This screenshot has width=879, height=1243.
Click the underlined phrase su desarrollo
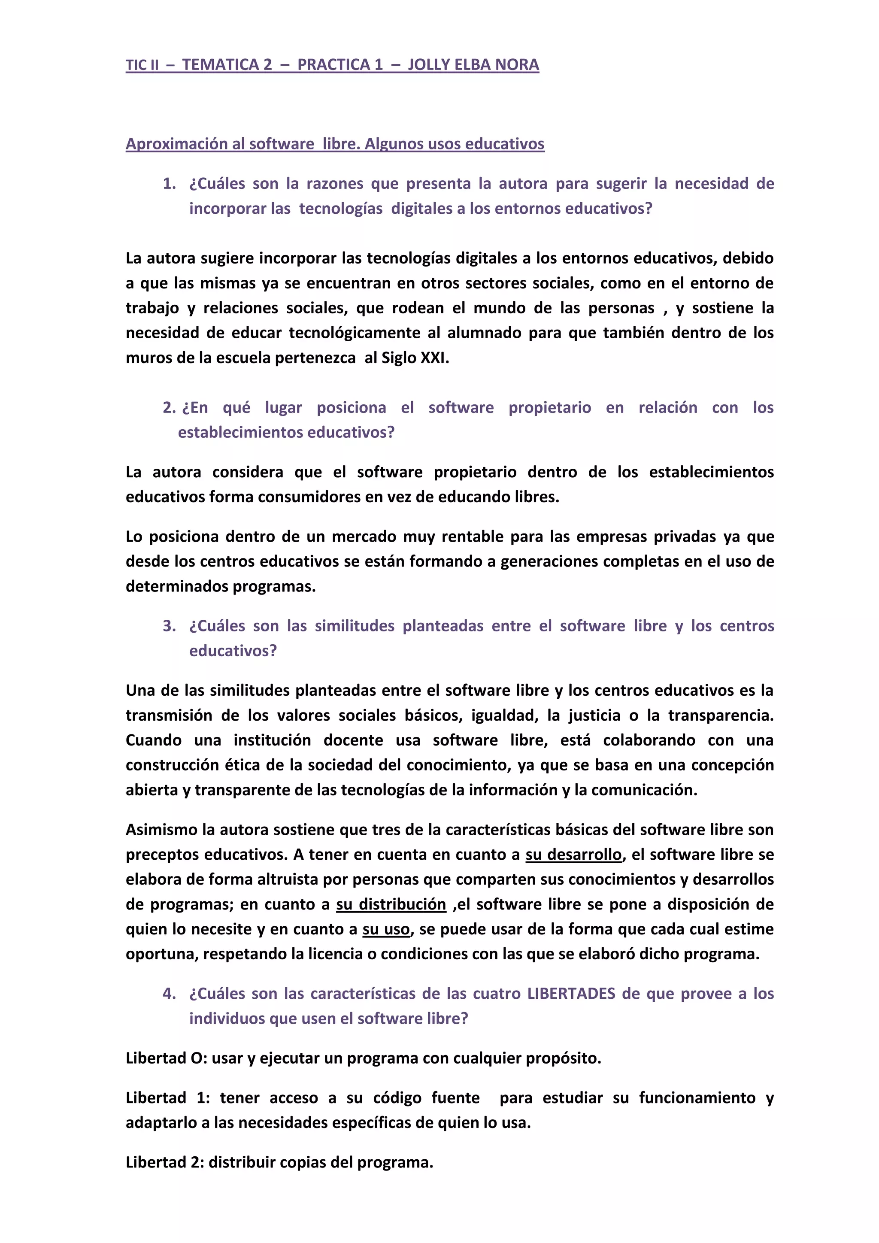click(x=573, y=855)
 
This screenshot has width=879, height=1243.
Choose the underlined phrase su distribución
click(x=391, y=905)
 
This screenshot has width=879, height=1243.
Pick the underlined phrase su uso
click(x=386, y=930)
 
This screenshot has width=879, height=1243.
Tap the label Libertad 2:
click(x=165, y=1162)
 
